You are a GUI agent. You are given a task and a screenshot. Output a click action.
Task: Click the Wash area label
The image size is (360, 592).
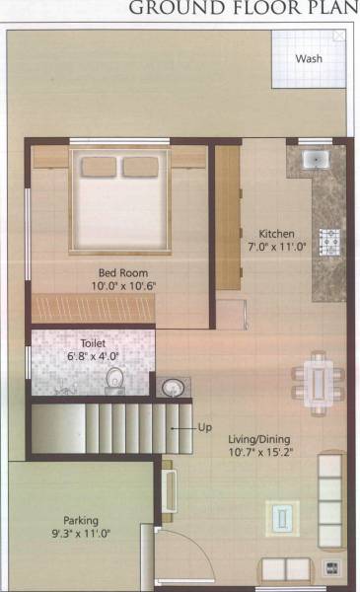coord(309,58)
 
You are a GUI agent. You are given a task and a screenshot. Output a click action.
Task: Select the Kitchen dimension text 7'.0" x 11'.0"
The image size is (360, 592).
coord(279,249)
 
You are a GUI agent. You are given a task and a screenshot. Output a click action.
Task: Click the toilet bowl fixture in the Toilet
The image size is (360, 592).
coord(114,378)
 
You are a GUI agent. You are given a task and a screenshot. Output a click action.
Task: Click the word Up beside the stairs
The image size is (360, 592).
coord(205,427)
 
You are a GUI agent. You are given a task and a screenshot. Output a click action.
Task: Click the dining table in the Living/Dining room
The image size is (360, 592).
coord(315,377)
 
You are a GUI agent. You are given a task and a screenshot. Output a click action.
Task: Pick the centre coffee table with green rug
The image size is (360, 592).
coord(282,516)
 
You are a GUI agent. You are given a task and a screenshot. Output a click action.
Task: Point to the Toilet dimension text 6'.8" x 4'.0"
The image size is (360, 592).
coord(94,355)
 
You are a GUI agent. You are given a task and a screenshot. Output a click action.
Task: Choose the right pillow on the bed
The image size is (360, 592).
coord(144,165)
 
